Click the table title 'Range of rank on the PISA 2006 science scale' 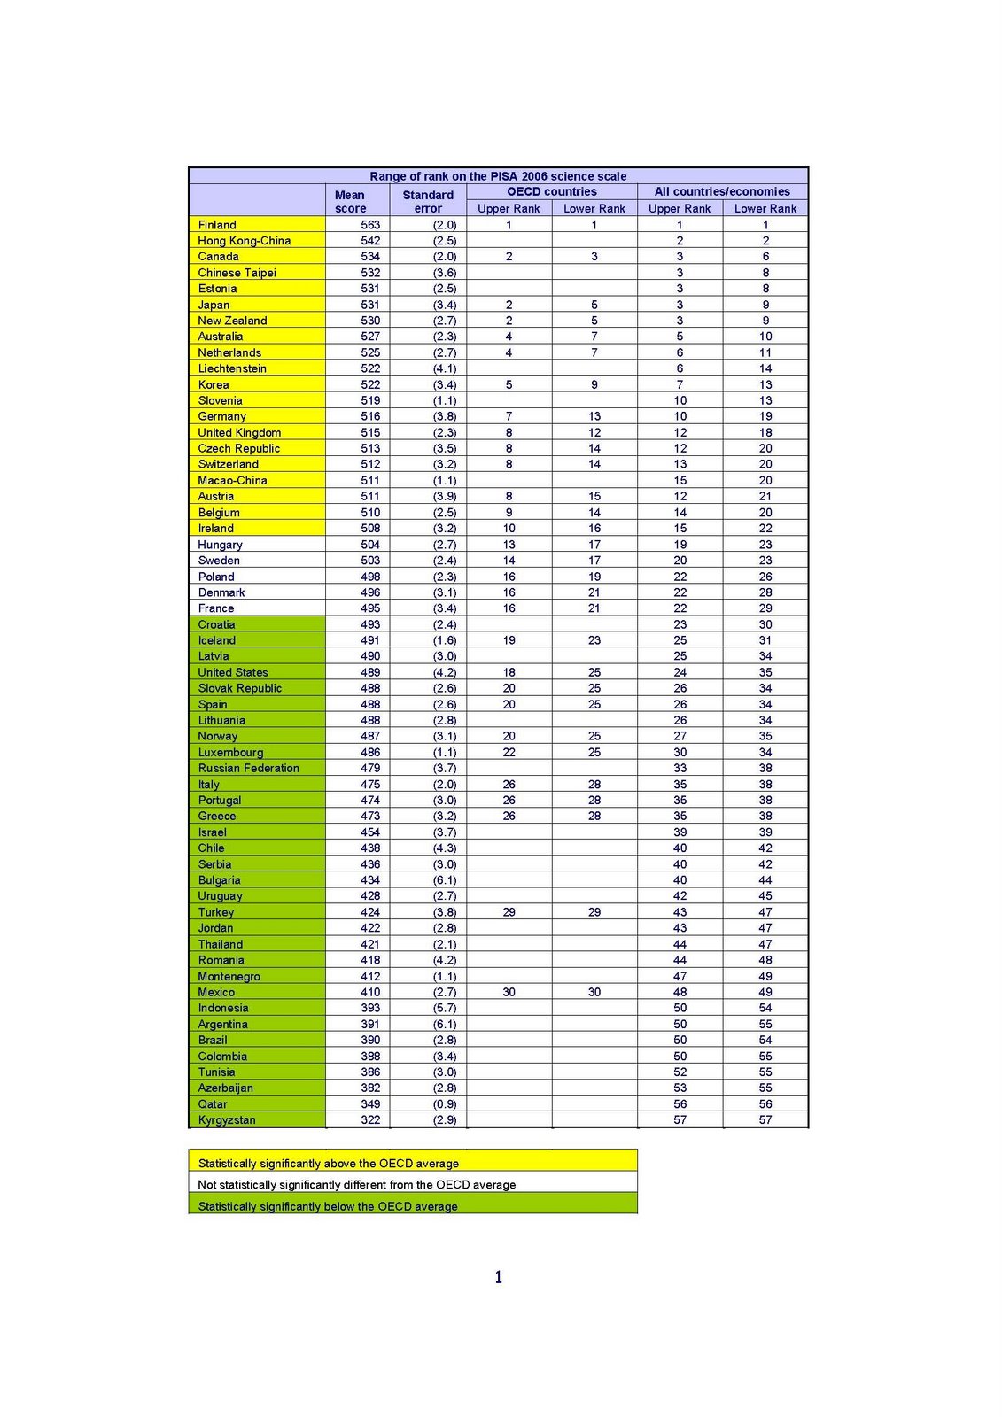pos(498,176)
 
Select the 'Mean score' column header pos(350,202)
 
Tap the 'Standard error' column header pos(428,202)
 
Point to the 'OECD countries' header pos(551,191)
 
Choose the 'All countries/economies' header pos(722,191)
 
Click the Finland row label pos(217,225)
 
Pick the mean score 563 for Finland pos(370,225)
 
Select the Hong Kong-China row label pos(244,241)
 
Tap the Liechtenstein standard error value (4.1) pos(445,368)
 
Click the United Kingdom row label pos(239,433)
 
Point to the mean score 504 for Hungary pos(370,545)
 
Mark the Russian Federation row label pos(248,769)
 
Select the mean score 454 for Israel pos(370,832)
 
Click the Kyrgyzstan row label pos(227,1120)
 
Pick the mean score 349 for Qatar pos(370,1104)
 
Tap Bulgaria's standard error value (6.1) pos(445,880)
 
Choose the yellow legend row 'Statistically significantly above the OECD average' pos(413,1163)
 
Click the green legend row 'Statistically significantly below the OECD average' pos(413,1205)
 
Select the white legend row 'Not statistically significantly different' pos(413,1184)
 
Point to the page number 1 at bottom pos(498,1277)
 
